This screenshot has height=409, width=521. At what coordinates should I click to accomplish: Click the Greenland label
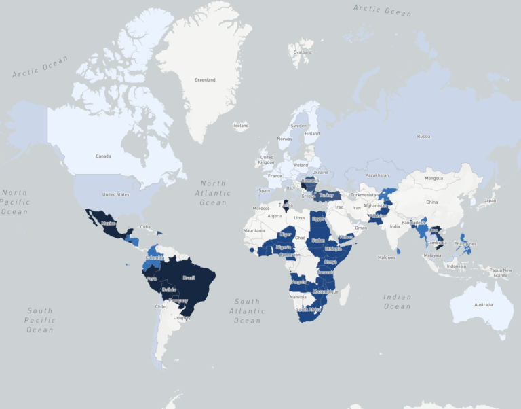point(205,80)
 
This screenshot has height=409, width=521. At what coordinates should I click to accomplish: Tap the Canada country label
point(103,156)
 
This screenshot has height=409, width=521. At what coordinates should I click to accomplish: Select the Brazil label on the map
point(189,278)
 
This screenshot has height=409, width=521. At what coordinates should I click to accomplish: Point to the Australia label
point(483,304)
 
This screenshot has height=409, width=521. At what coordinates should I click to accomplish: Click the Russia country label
point(423,136)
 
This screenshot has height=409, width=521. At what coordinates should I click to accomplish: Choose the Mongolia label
point(433,178)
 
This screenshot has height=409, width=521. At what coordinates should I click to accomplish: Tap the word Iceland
point(241,126)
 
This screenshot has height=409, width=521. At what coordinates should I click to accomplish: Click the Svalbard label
point(303,52)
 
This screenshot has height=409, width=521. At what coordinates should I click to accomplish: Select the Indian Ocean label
point(397,302)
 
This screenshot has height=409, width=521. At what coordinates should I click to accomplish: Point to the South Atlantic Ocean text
point(247,310)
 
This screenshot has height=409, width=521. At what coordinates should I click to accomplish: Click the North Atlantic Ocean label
point(212,193)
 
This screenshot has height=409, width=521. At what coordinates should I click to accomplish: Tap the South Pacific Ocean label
point(39,320)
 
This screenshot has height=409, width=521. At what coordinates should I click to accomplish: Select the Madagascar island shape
point(345,294)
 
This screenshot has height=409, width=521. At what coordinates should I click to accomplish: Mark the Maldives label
point(387,257)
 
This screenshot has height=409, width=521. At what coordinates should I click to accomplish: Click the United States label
point(115,194)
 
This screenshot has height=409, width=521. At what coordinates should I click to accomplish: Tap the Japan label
point(490,200)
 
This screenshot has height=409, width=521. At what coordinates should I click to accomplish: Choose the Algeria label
point(275,215)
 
